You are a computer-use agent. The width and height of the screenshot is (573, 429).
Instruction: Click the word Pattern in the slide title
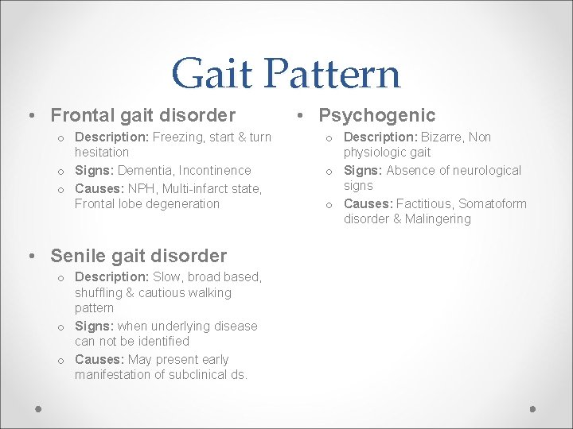[x=334, y=73]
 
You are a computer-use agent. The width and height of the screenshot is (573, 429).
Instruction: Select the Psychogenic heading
[x=377, y=116]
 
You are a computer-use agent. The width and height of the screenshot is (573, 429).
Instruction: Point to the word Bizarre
[x=442, y=137]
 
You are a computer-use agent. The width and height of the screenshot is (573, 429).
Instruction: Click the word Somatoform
[x=493, y=203]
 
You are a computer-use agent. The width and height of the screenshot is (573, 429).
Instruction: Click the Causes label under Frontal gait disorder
[x=99, y=187]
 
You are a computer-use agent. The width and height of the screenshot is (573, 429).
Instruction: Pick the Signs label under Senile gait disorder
[x=94, y=326]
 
